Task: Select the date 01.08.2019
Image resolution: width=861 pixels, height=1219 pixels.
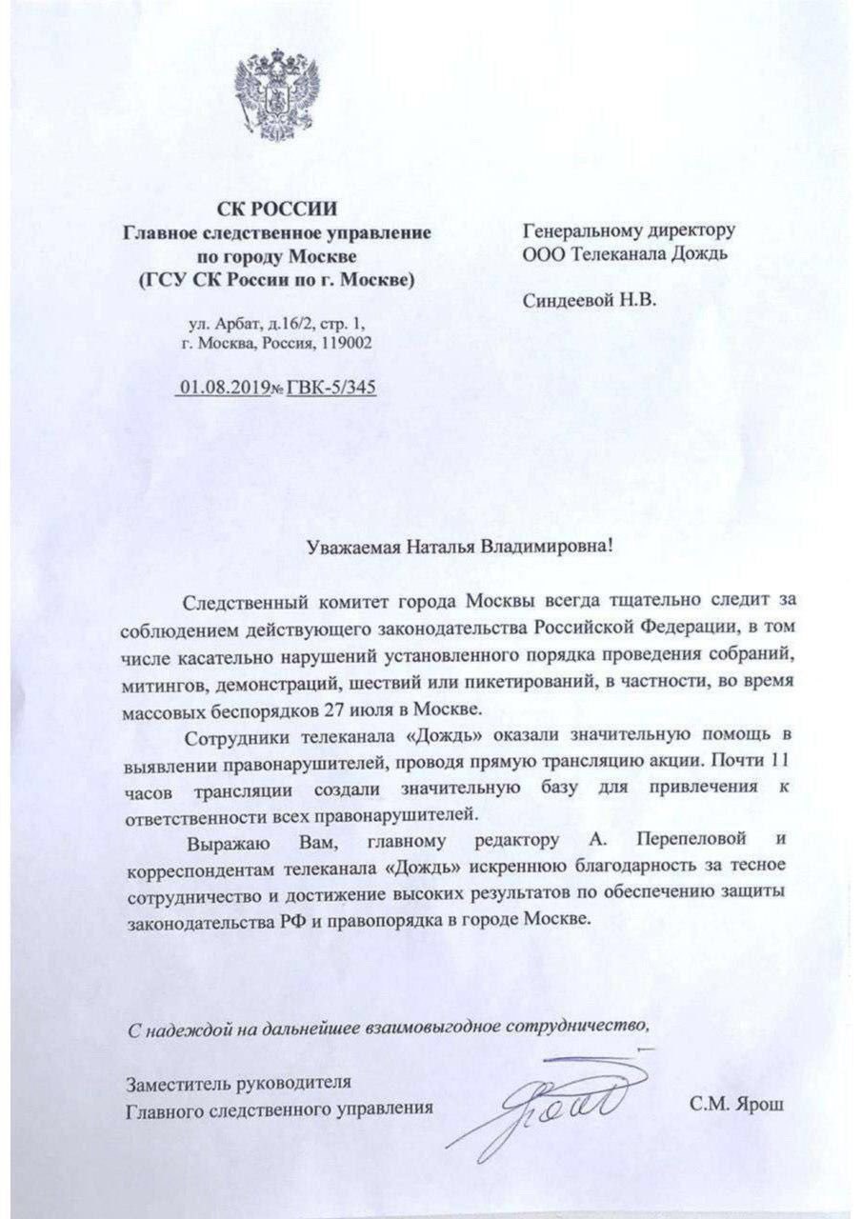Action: coord(218,389)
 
